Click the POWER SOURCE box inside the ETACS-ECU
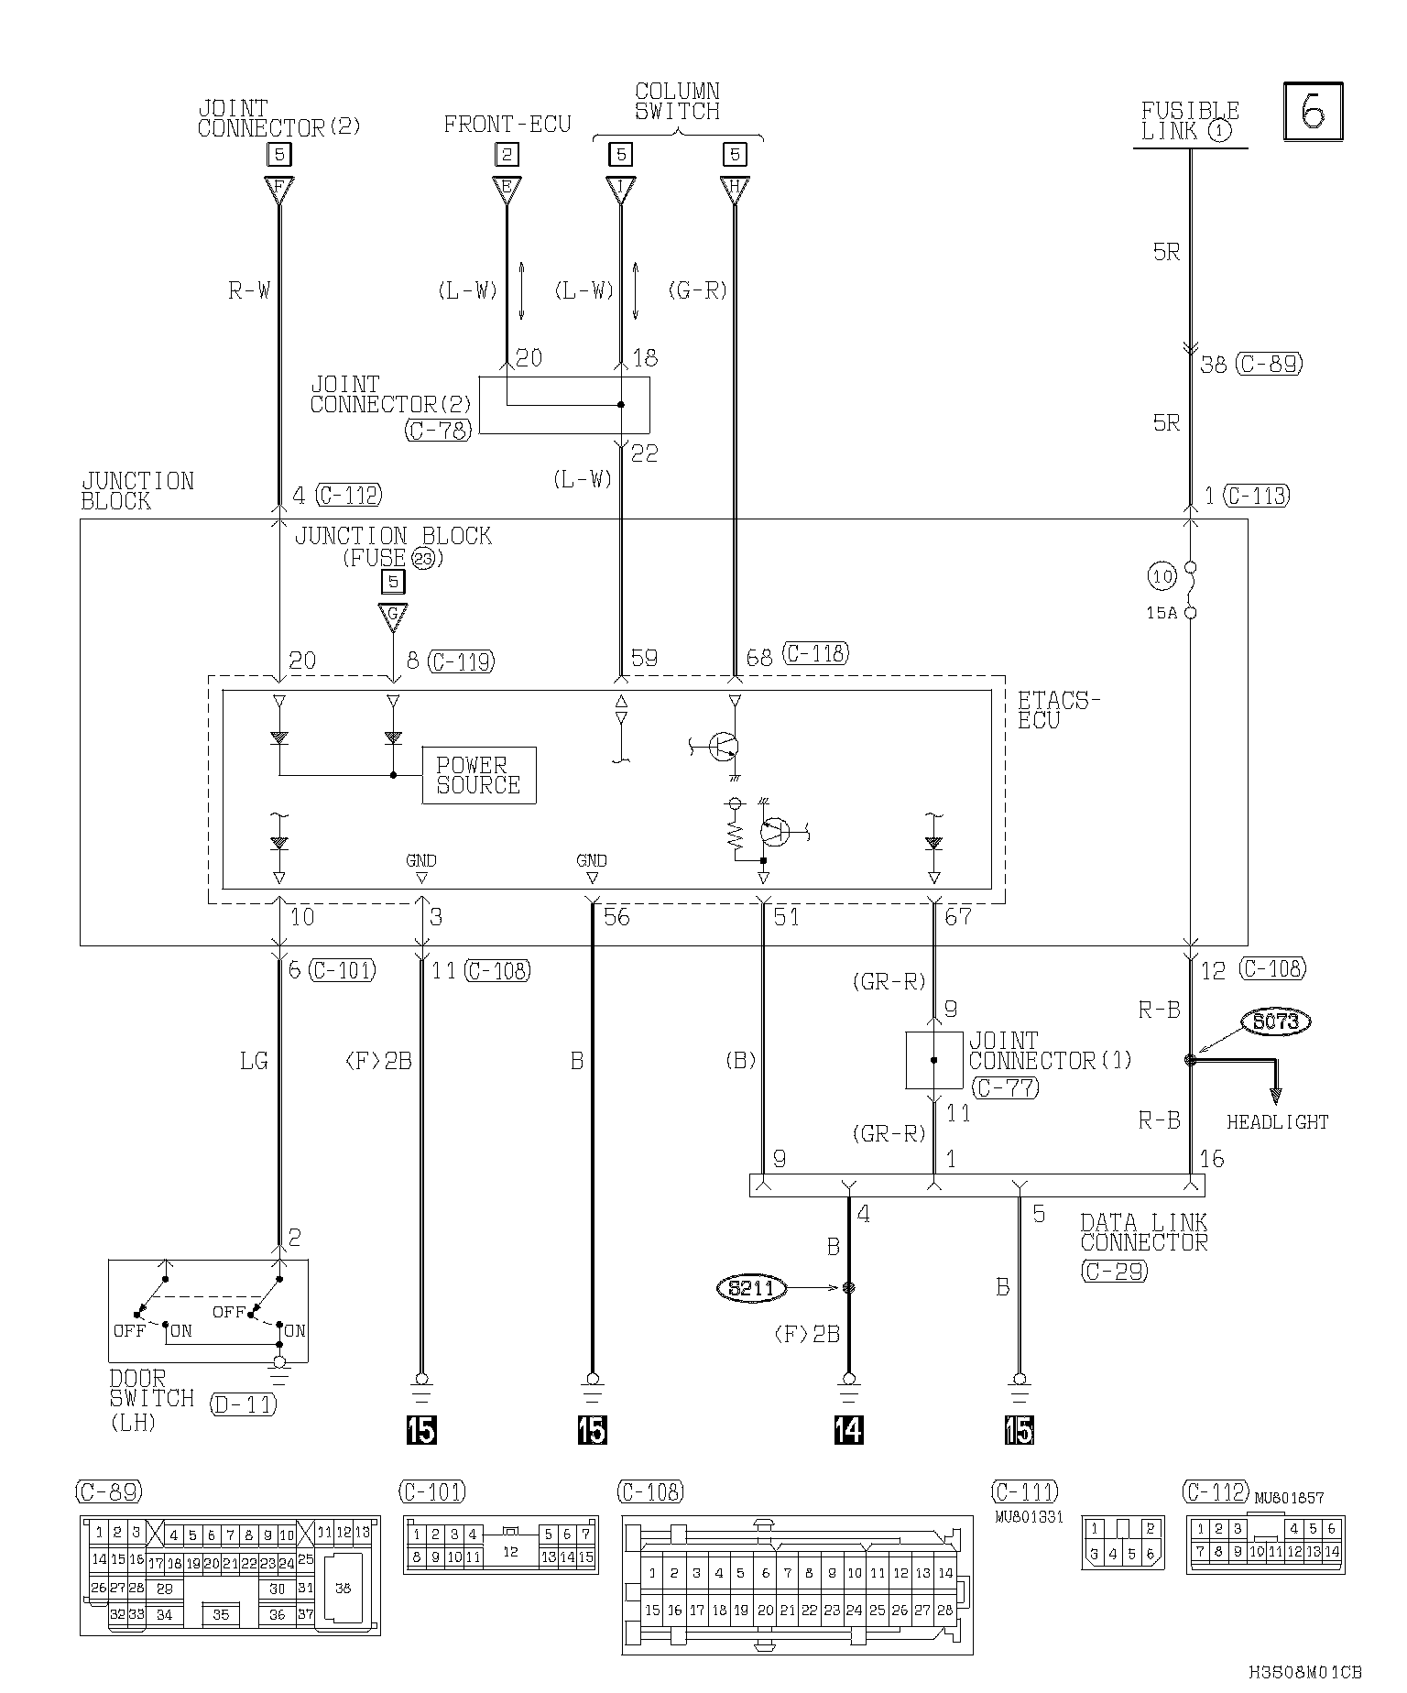[478, 775]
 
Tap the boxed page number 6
[1313, 112]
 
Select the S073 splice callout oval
[1276, 1021]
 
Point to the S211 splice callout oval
[750, 1288]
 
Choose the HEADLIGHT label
[1277, 1121]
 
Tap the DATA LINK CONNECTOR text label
[1144, 1232]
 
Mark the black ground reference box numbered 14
[848, 1429]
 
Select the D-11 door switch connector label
[243, 1404]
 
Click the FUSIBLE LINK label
[1190, 121]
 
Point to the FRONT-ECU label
[507, 125]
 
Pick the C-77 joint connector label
[1004, 1088]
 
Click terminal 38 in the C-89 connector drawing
[343, 1589]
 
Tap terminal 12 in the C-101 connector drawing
[510, 1552]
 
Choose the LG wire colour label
[253, 1061]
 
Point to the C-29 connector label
[1114, 1271]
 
